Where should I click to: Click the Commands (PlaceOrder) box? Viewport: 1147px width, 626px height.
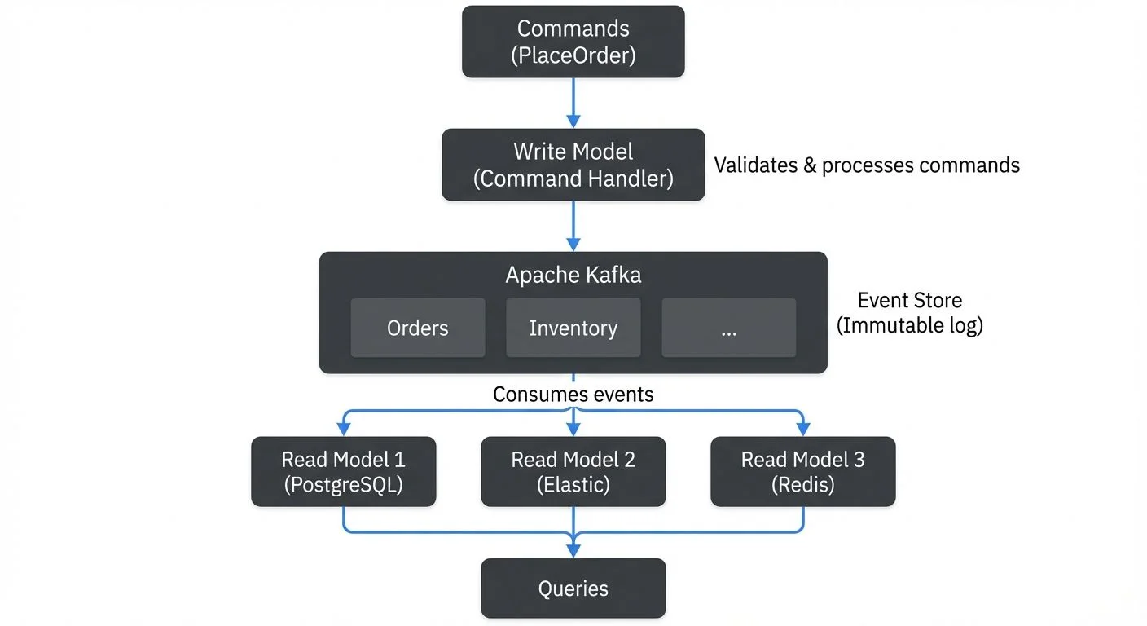[573, 42]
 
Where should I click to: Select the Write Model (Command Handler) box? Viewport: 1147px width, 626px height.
[573, 165]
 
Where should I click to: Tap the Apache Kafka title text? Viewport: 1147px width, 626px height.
[573, 275]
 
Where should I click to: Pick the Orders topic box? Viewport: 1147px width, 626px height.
[418, 328]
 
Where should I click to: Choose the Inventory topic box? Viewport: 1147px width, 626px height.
[573, 328]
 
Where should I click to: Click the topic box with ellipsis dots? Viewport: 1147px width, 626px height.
[728, 328]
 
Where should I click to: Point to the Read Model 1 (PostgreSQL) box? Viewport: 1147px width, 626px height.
[343, 472]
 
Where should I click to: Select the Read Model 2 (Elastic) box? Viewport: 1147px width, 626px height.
[573, 472]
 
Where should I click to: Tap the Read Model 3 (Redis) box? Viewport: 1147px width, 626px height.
[802, 472]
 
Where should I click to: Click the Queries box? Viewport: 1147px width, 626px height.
[573, 589]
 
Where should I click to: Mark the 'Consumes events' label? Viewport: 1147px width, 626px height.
[573, 395]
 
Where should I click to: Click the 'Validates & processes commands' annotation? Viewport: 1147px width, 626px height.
[867, 165]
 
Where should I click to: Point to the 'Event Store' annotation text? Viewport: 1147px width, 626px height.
[910, 300]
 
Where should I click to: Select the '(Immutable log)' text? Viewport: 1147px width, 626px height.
[910, 325]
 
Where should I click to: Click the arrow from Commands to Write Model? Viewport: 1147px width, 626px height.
[573, 102]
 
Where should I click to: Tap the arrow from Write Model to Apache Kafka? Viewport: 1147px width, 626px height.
[573, 225]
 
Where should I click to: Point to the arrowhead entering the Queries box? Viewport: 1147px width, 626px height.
[573, 551]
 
